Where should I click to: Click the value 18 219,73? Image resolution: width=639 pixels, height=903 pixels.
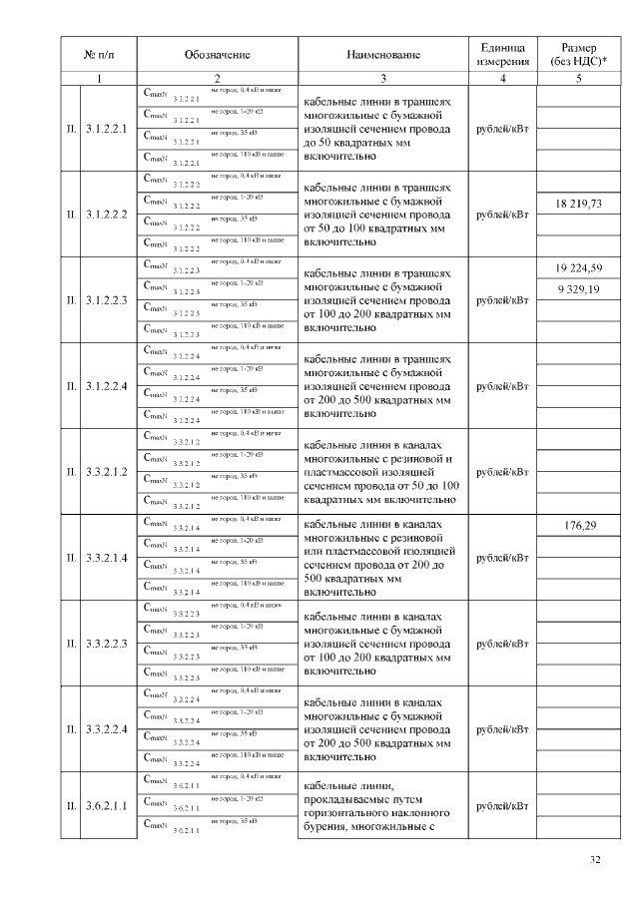point(578,204)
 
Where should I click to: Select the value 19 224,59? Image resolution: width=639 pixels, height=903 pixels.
point(578,268)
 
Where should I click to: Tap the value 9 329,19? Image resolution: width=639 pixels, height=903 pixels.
point(578,289)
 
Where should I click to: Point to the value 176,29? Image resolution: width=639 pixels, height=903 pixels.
point(578,526)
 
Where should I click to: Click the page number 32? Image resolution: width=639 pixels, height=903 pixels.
point(595,860)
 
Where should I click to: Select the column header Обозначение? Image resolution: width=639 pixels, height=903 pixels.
point(217,53)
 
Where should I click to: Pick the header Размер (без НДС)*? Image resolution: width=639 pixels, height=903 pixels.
point(578,54)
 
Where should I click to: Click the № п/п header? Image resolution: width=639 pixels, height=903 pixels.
point(97,53)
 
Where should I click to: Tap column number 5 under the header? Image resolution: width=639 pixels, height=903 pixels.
point(578,77)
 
